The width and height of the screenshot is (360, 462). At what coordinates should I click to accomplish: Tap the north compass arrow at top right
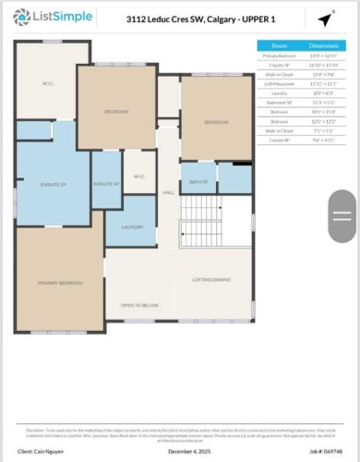(x=326, y=18)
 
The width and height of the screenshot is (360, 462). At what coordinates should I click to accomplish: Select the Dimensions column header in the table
(x=324, y=45)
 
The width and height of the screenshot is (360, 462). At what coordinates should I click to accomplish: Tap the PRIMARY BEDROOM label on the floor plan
(x=60, y=282)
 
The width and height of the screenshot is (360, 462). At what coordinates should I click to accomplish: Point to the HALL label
(x=168, y=192)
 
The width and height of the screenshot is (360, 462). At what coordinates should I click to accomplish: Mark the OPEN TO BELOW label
(x=138, y=305)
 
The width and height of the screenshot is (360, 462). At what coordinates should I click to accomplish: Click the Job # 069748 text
(x=321, y=451)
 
